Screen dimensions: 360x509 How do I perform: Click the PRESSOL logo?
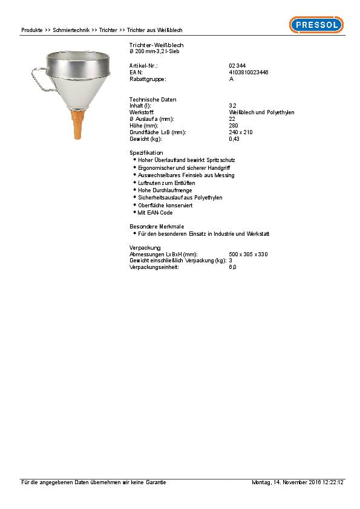[x=316, y=25]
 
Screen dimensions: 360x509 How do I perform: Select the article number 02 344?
[x=237, y=65]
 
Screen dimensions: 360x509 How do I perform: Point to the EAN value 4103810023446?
[x=249, y=72]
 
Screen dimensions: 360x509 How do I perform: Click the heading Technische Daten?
[x=153, y=99]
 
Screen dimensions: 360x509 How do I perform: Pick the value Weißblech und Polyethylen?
[x=261, y=112]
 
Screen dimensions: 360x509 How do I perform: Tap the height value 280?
[x=234, y=126]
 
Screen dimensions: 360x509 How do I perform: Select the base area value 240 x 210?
[x=241, y=132]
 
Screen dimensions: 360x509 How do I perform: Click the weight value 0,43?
[x=234, y=139]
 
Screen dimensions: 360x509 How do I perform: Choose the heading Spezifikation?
[x=146, y=152]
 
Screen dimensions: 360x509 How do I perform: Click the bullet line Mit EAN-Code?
[x=155, y=213]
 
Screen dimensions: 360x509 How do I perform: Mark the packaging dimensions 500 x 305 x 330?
[x=248, y=254]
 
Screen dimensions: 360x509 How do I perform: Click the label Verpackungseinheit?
[x=154, y=267]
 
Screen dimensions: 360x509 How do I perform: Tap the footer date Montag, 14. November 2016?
[x=285, y=482]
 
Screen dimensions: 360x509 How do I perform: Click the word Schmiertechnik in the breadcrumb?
[x=71, y=30]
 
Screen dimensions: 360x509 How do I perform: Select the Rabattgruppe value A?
[x=231, y=79]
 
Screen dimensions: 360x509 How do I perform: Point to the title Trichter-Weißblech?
[x=157, y=45]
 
